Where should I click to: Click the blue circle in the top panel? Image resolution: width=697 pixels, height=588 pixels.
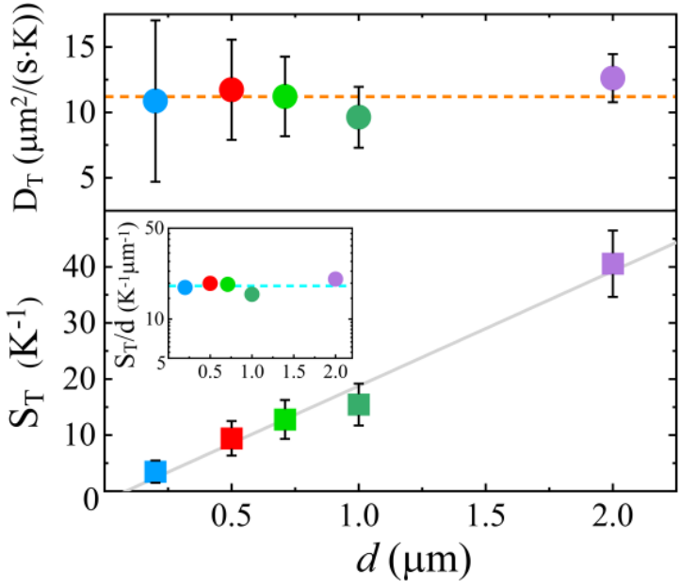click(155, 101)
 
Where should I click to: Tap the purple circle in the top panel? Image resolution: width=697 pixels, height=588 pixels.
click(612, 78)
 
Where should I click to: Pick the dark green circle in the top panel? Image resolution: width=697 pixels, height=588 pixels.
click(358, 117)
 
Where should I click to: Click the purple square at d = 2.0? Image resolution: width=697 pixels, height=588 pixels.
click(613, 264)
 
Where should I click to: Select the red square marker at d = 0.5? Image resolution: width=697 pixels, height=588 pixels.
click(232, 438)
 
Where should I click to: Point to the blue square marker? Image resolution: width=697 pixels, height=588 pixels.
click(155, 471)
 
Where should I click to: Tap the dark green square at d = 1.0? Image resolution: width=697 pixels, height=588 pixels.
click(358, 404)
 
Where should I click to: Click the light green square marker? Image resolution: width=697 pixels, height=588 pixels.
click(285, 419)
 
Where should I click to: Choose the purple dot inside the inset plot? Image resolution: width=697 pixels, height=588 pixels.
click(335, 279)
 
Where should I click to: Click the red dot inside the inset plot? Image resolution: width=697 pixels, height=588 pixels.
click(210, 283)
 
